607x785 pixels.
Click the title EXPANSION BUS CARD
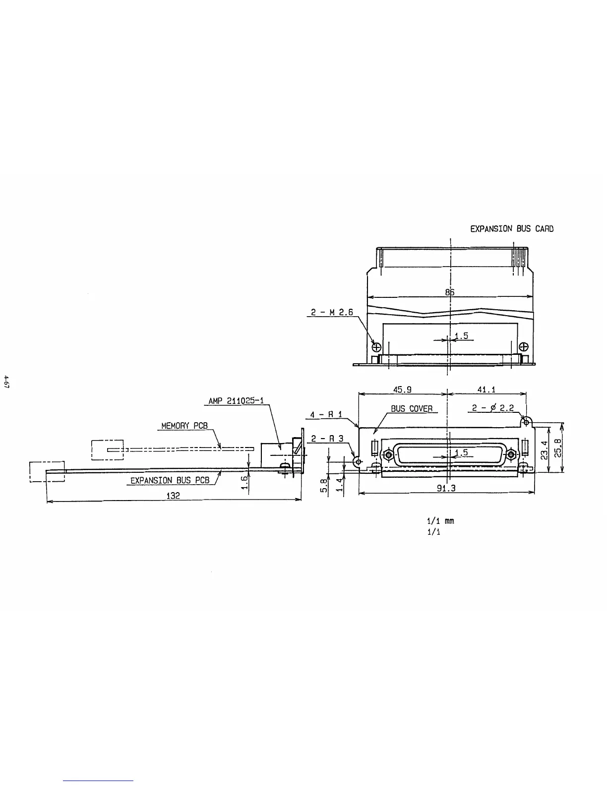coord(511,229)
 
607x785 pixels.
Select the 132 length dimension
coord(173,495)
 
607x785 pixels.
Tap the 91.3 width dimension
coord(446,488)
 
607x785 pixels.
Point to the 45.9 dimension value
coord(402,390)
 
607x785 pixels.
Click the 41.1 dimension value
coord(486,390)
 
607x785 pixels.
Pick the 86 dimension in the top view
coord(449,292)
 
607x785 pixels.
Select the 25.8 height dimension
coord(557,448)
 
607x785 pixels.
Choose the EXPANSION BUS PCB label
coord(170,480)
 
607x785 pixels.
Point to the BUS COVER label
coord(412,409)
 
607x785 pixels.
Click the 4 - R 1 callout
coord(326,414)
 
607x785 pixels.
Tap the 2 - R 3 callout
coord(327,439)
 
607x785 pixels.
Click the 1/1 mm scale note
coord(440,521)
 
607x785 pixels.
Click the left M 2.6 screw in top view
coord(376,346)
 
